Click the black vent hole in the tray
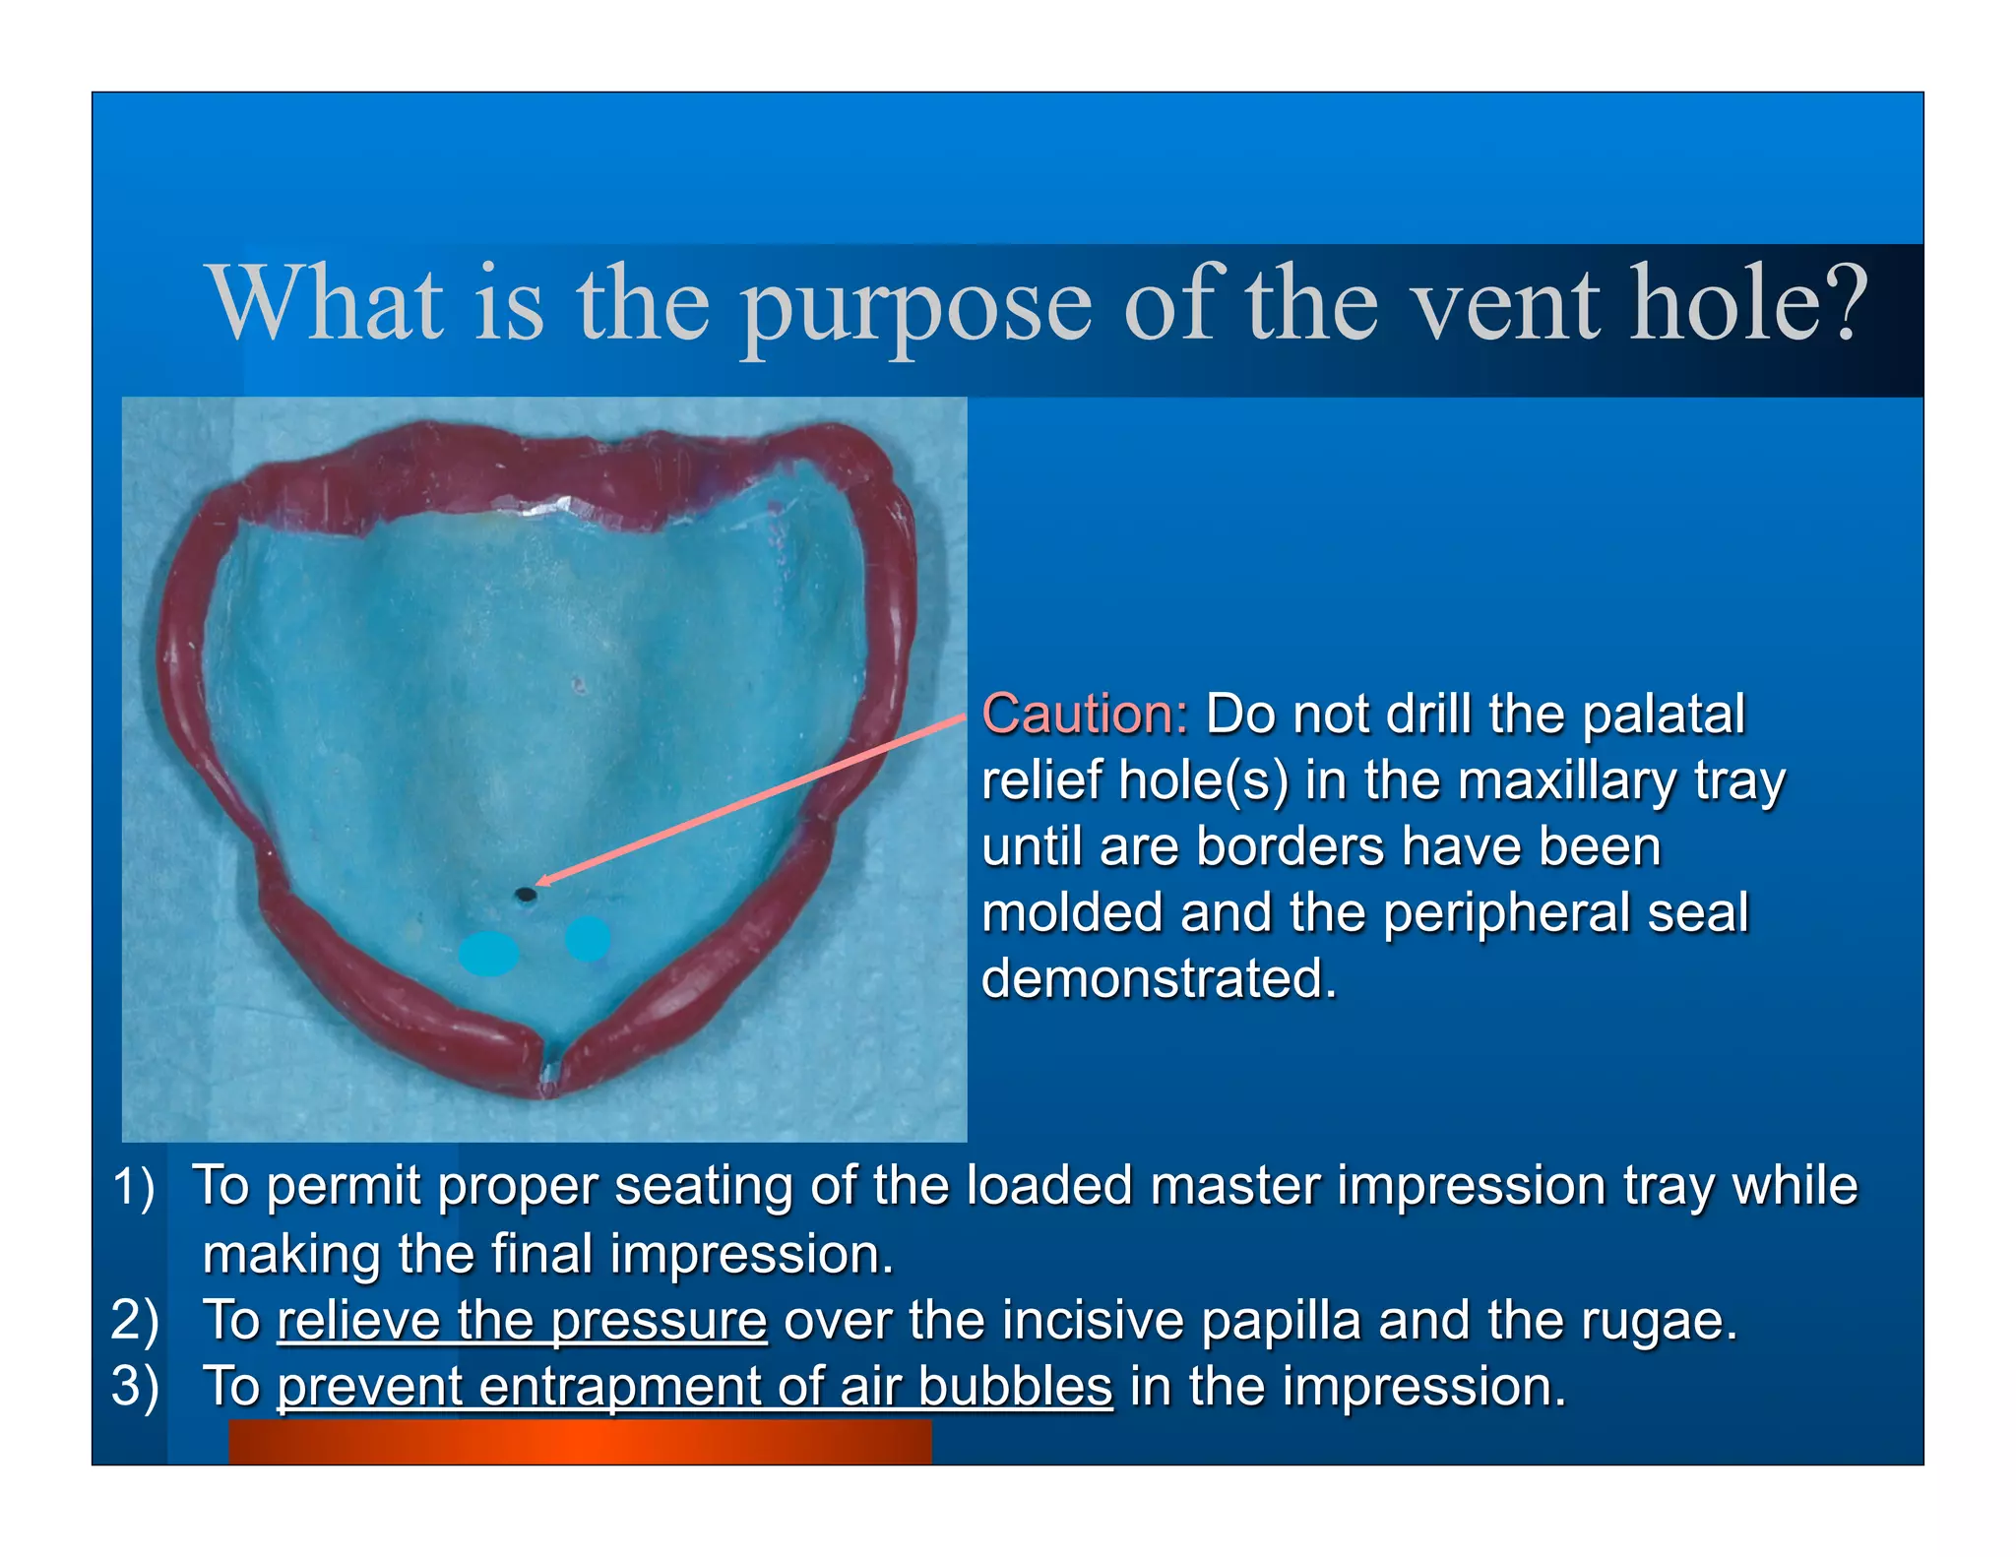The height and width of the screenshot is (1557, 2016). coord(526,895)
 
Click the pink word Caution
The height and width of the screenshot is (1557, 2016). coord(1085,714)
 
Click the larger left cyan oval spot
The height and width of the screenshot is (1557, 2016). coord(488,953)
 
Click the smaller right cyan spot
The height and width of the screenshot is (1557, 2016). coord(588,938)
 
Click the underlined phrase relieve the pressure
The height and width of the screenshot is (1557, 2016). coord(522,1320)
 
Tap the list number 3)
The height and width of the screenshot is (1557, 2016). coord(134,1387)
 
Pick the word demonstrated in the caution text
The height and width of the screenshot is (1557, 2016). coord(1159,978)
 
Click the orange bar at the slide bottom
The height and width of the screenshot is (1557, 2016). coord(580,1442)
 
